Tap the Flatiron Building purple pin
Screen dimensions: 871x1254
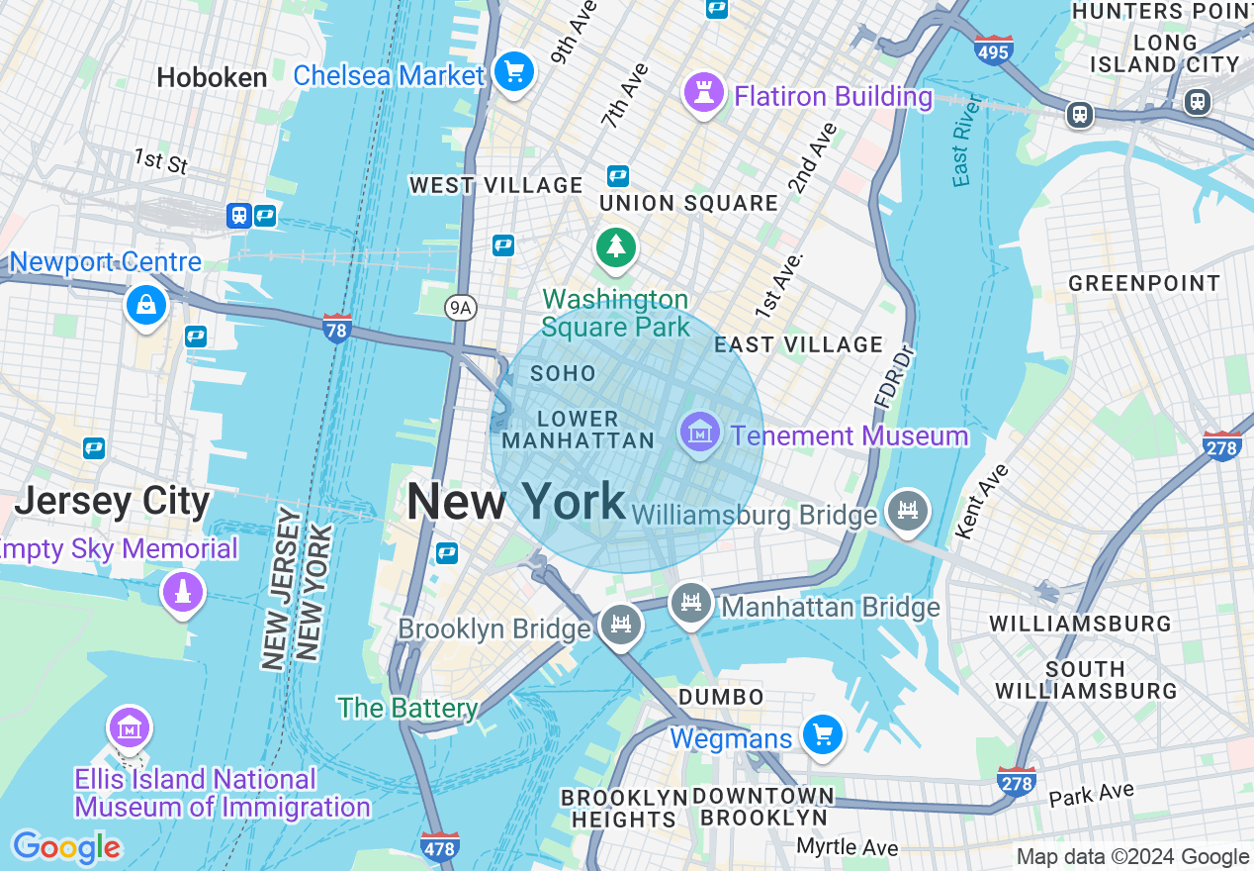tap(703, 95)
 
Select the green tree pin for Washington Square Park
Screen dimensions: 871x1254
tap(616, 247)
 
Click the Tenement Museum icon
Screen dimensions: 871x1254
tap(700, 434)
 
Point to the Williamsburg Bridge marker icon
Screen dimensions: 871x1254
tap(907, 511)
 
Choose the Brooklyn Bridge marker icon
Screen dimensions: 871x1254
tap(621, 625)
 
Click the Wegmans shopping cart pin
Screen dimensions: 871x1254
tap(822, 735)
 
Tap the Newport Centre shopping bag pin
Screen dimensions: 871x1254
tap(146, 305)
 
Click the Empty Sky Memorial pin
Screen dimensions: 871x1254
tap(183, 593)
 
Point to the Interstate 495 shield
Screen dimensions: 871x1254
tap(992, 49)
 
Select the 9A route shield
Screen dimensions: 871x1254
tap(461, 308)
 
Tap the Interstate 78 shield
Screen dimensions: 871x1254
tap(337, 328)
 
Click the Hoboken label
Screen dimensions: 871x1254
tap(212, 77)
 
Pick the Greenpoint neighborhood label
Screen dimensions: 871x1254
tap(1144, 284)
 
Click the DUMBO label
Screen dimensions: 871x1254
tap(721, 697)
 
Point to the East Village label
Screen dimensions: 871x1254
tap(798, 344)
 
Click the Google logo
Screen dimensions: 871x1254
tap(66, 847)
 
